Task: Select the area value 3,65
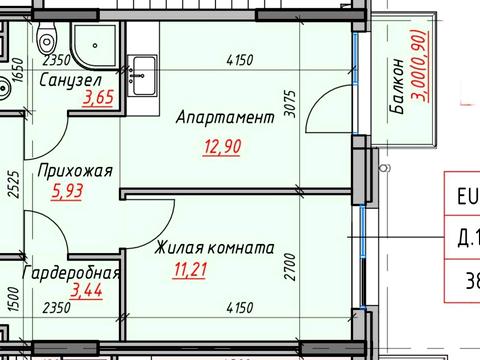click(x=98, y=97)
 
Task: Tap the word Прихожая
click(x=74, y=171)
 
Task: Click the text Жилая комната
click(x=213, y=247)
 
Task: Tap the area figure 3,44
click(x=97, y=292)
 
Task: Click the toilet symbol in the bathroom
click(x=46, y=41)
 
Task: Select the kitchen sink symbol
click(x=142, y=70)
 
